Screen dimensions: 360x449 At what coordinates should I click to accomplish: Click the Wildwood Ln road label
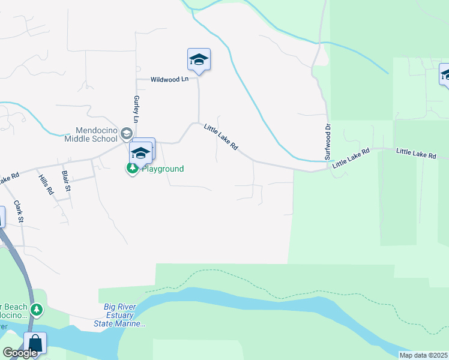(x=169, y=79)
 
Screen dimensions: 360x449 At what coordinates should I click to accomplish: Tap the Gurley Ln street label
(x=136, y=109)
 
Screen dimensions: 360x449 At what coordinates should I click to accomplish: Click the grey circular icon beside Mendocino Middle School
(x=126, y=133)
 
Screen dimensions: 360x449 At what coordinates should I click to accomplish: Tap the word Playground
(x=162, y=169)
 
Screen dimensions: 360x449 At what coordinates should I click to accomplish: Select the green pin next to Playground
(x=131, y=169)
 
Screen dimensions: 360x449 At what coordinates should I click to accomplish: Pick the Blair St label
(x=66, y=181)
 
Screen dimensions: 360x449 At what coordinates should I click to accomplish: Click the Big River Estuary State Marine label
(x=119, y=316)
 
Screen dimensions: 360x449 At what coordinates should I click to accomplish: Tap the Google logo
(x=20, y=353)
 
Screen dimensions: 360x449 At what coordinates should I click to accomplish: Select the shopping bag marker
(x=35, y=344)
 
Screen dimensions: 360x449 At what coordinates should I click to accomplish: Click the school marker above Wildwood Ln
(x=199, y=60)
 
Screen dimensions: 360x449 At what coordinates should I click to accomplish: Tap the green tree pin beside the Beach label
(x=37, y=310)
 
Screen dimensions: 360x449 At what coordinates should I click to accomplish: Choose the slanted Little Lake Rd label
(x=221, y=137)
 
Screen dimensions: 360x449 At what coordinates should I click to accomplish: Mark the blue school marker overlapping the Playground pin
(x=141, y=152)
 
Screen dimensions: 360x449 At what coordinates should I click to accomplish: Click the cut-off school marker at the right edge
(x=444, y=75)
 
